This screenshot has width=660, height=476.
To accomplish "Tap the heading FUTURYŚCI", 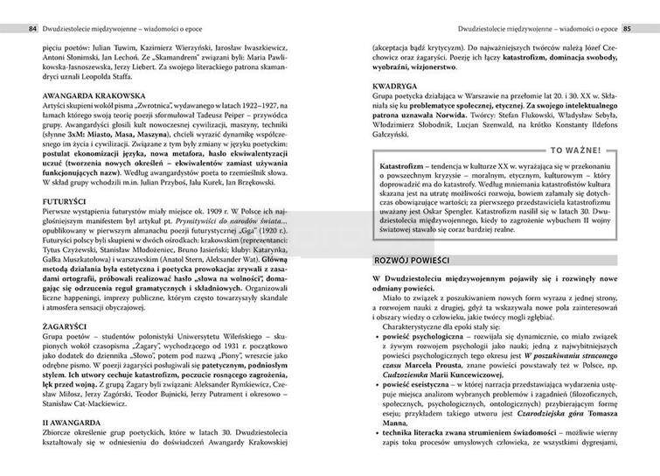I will coord(45,200).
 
